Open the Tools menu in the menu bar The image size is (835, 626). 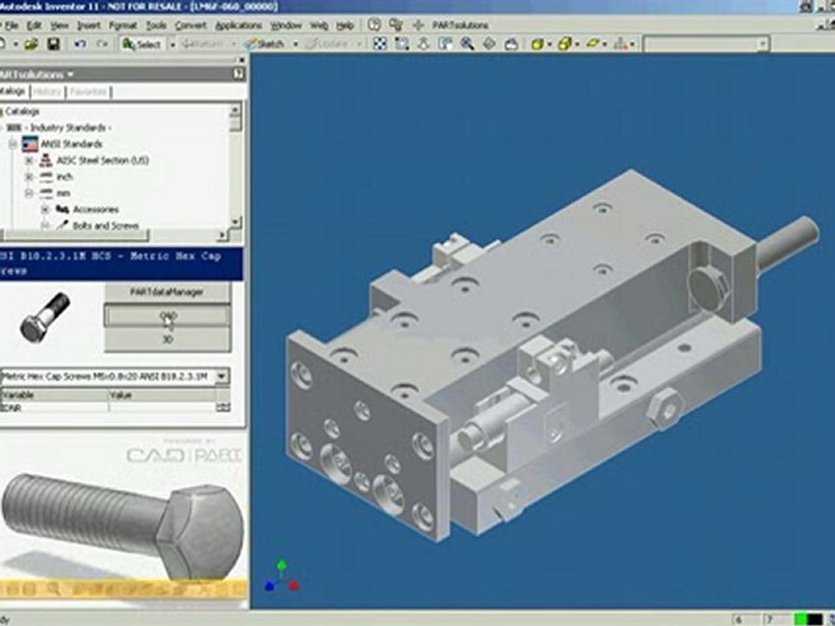[x=156, y=25]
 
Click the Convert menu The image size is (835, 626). [x=190, y=25]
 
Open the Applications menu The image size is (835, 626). [x=237, y=25]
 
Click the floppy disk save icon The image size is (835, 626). [x=53, y=43]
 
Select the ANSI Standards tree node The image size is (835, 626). [x=70, y=143]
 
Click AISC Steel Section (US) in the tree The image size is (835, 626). [x=103, y=160]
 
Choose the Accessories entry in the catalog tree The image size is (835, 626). [x=95, y=209]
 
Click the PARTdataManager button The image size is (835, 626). [x=167, y=292]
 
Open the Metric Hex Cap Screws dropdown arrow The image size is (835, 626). [x=223, y=376]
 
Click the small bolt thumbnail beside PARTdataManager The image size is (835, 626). [x=44, y=316]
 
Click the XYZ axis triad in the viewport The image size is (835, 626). [x=282, y=576]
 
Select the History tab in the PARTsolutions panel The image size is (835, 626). [x=47, y=91]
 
